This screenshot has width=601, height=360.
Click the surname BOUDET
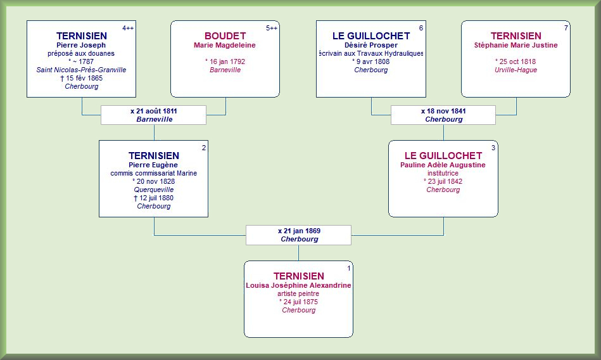[x=225, y=36]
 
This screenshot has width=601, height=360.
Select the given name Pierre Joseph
[x=81, y=45]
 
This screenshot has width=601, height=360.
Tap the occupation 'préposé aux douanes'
[x=81, y=53]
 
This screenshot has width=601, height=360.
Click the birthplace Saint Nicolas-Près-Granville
[x=81, y=70]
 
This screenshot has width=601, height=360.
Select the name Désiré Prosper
[x=371, y=45]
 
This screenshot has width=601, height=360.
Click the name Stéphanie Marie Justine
[x=516, y=45]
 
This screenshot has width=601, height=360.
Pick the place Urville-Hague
[x=516, y=70]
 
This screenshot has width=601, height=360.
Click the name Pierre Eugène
[x=153, y=165]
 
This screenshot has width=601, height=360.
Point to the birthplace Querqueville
[x=154, y=190]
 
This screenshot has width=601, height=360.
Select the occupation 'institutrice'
[x=443, y=173]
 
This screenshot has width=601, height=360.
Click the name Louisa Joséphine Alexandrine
[x=298, y=285]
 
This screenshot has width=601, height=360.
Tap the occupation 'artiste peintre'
[x=298, y=293]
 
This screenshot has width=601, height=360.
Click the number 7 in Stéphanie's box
[x=566, y=28]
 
